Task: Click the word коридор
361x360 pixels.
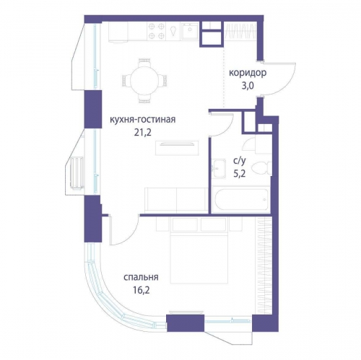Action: tap(248, 73)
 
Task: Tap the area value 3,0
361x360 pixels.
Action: tap(248, 86)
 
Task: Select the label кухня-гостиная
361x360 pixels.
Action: tap(143, 120)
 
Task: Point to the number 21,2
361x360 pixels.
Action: tap(143, 132)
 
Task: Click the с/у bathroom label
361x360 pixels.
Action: tap(240, 161)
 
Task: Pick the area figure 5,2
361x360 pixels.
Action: tap(240, 173)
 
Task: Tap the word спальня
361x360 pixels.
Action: tap(141, 277)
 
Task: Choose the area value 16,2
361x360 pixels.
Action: tap(142, 290)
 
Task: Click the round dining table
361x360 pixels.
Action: tap(144, 81)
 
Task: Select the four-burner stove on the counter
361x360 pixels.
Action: tap(156, 31)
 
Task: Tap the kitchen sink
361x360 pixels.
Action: tap(190, 31)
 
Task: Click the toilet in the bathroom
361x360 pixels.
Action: tap(261, 168)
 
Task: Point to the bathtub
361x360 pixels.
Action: tap(241, 199)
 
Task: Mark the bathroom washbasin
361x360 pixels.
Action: tap(219, 168)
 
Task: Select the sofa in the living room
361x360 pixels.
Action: tap(176, 200)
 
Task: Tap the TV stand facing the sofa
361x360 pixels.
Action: tap(177, 148)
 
